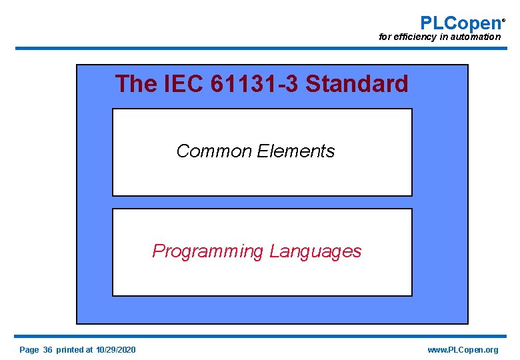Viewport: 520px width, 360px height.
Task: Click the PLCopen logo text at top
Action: tap(460, 23)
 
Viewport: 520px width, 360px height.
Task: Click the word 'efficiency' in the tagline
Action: tap(415, 37)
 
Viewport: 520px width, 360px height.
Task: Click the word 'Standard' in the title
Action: tap(357, 84)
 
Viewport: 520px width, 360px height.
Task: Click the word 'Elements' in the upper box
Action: tap(295, 151)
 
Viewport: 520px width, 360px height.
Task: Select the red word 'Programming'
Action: tap(208, 251)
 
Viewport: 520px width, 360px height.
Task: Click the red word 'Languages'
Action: tap(315, 251)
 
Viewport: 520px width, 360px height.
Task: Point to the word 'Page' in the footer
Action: tap(29, 350)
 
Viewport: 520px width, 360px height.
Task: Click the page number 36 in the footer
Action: tap(47, 350)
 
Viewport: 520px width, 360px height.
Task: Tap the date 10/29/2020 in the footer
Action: tap(115, 350)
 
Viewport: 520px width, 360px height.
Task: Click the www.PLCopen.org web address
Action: tap(463, 350)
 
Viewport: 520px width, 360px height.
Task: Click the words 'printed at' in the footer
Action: tap(75, 350)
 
